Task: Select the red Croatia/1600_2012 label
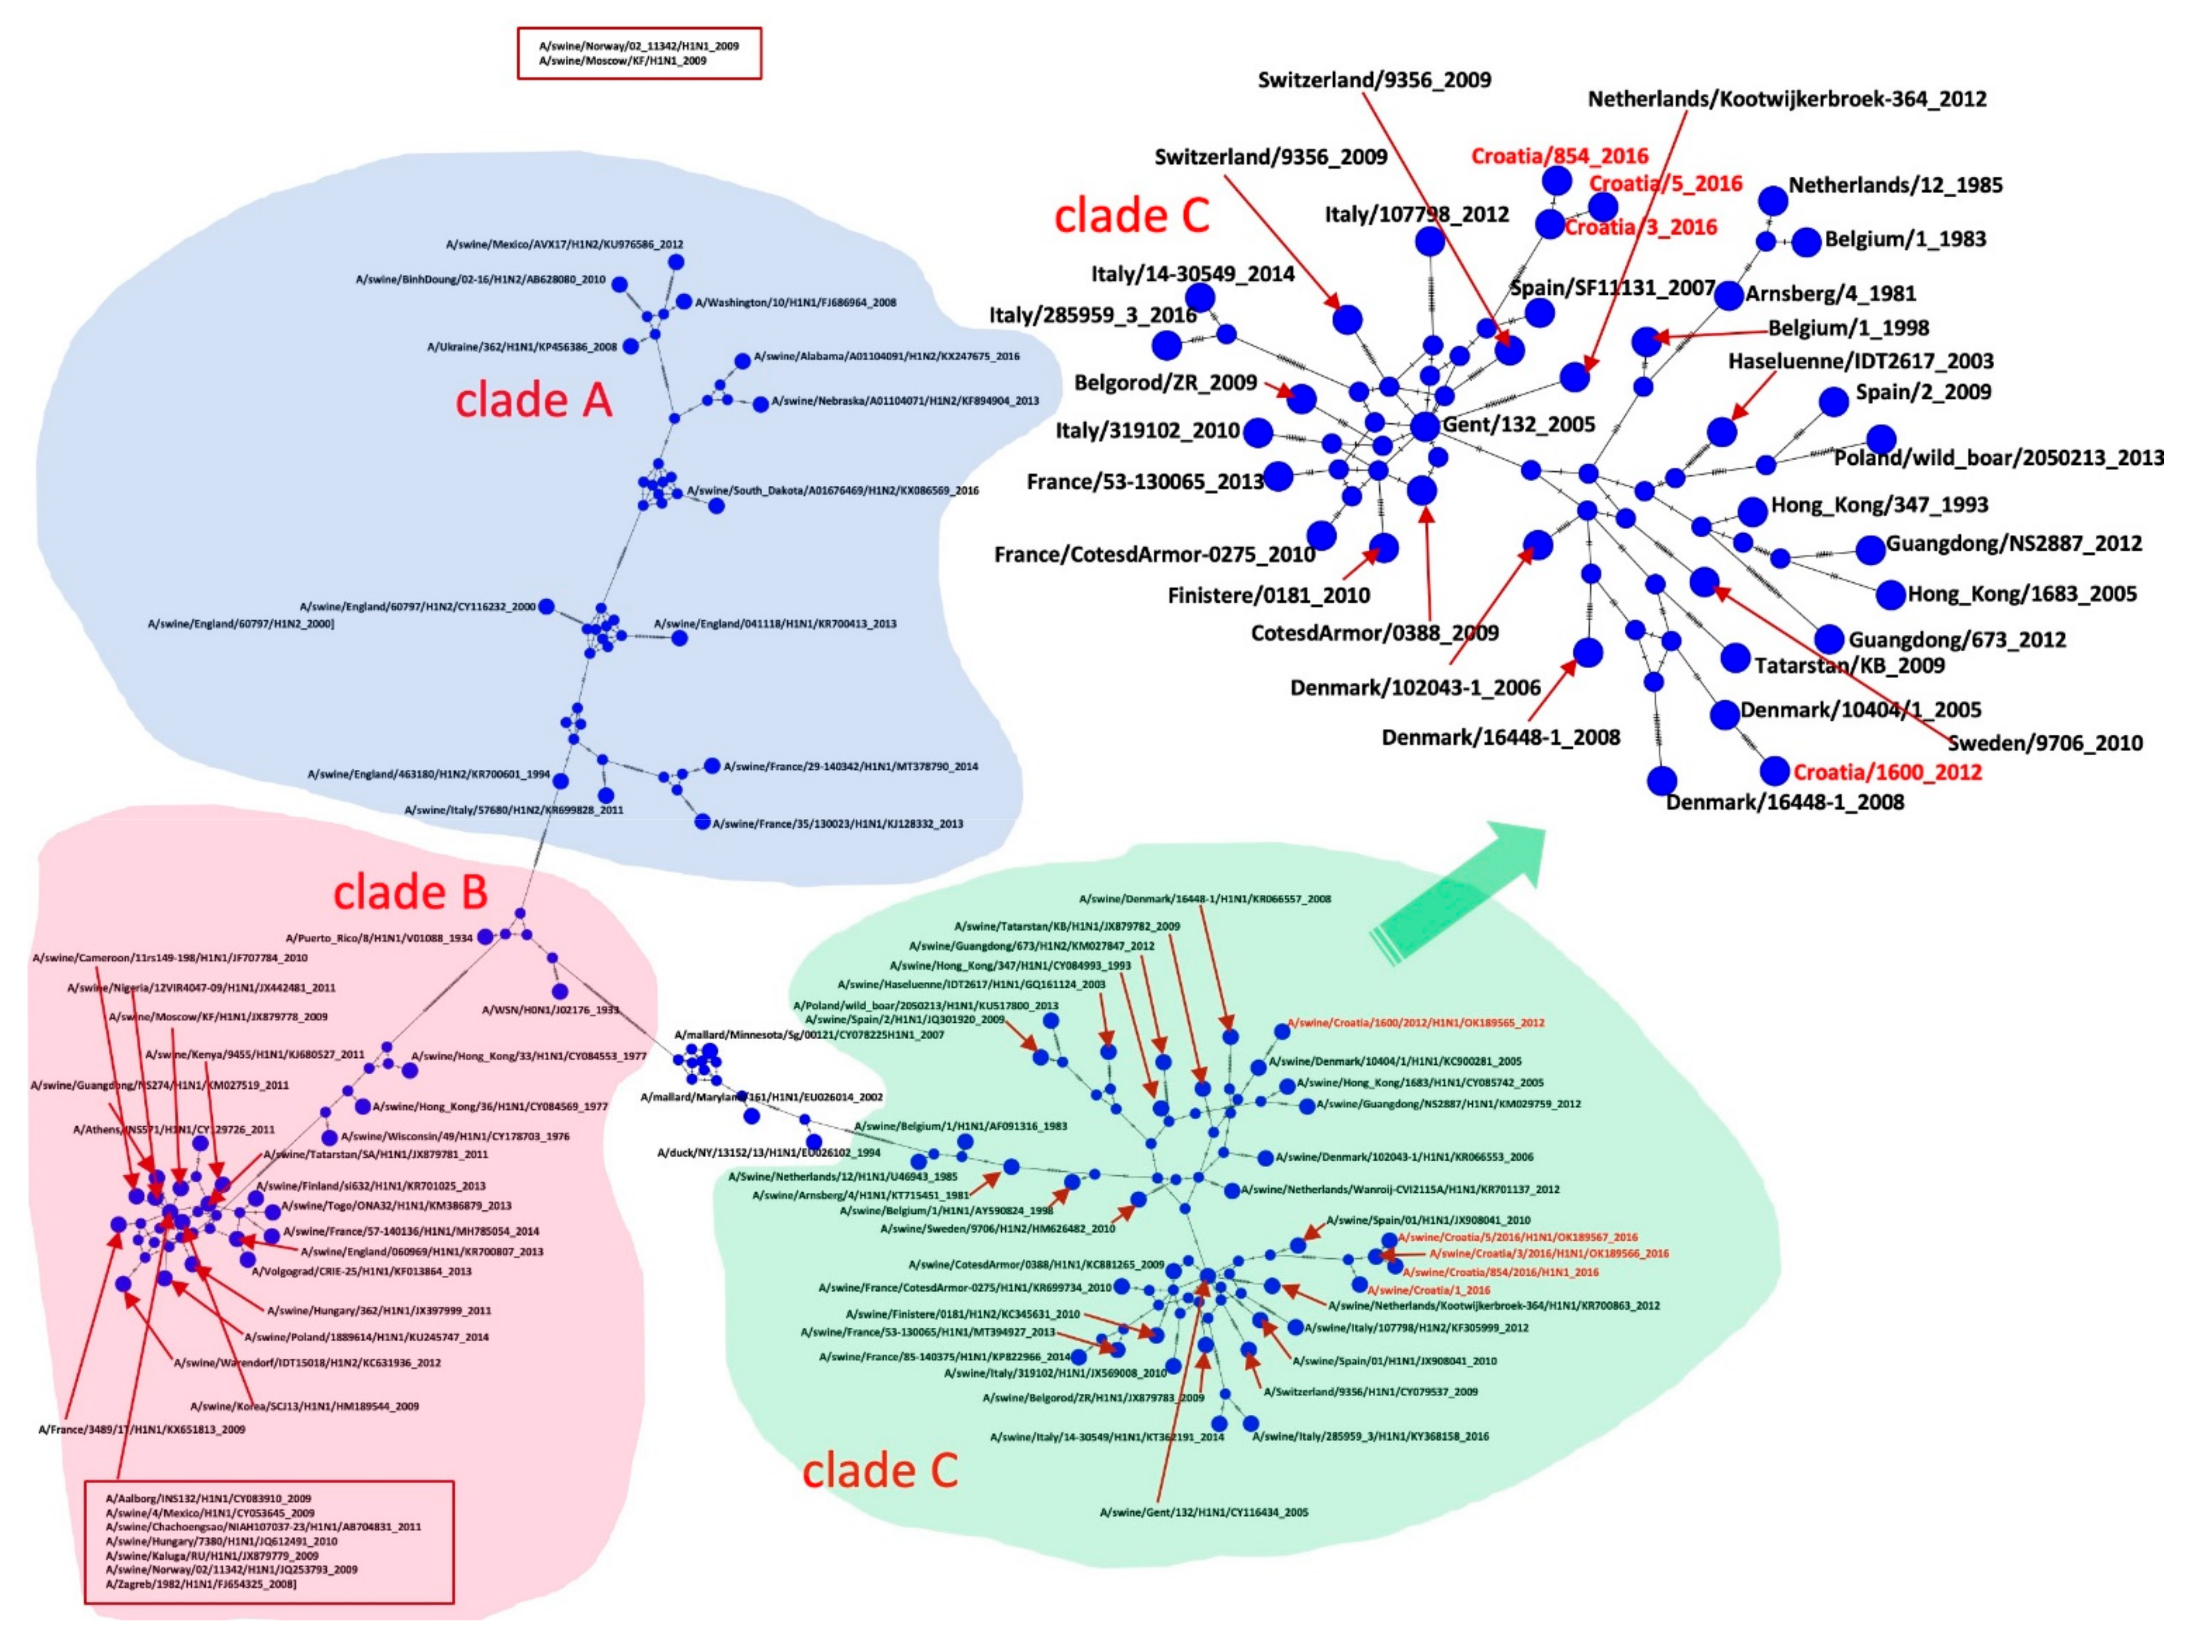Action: click(x=1887, y=772)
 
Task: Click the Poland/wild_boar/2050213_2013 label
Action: click(x=1998, y=458)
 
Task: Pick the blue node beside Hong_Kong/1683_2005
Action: click(x=1890, y=595)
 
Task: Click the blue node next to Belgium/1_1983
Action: click(x=1806, y=241)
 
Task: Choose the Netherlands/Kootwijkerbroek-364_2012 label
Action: click(x=1787, y=99)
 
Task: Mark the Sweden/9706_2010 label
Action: click(x=2045, y=743)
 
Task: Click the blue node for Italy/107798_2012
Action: click(x=1429, y=241)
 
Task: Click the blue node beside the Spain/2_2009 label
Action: click(x=1833, y=401)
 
